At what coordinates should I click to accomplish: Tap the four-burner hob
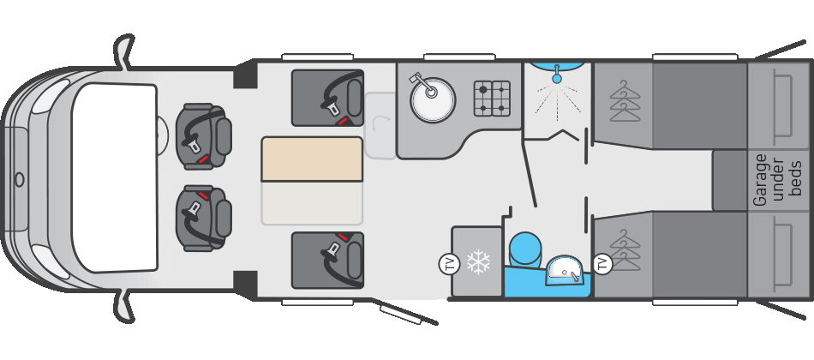coord(492,99)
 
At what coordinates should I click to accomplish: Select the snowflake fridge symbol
coord(478,262)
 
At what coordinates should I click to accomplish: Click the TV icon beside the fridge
coord(449,264)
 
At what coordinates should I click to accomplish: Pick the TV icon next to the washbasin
coord(602,264)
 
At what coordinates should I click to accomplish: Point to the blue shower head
coord(557,77)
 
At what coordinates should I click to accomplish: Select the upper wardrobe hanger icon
coord(625,99)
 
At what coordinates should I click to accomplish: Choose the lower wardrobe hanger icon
coord(625,249)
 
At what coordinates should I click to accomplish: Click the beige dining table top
coord(312,159)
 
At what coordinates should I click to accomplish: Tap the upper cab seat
coord(204,137)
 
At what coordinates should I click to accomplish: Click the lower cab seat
coord(204,218)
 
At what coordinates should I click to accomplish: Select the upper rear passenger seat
coord(327,98)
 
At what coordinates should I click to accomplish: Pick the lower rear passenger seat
coord(327,260)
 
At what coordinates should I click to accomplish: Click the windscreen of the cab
coord(114,178)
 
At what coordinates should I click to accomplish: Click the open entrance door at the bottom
coord(409,313)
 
